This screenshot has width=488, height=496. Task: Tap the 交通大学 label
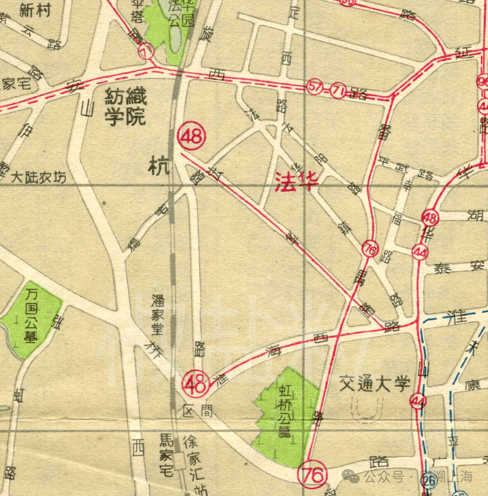[x=375, y=384]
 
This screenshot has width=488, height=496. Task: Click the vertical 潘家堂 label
[x=157, y=315]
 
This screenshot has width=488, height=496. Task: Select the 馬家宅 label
[x=167, y=454]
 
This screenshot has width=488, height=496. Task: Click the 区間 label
[x=198, y=412]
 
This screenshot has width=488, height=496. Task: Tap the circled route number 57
[x=314, y=87]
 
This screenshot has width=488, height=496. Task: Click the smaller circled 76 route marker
[x=370, y=249]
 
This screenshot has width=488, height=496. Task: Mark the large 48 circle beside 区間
[x=196, y=385]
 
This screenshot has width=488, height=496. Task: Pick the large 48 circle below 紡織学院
[x=192, y=137]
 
